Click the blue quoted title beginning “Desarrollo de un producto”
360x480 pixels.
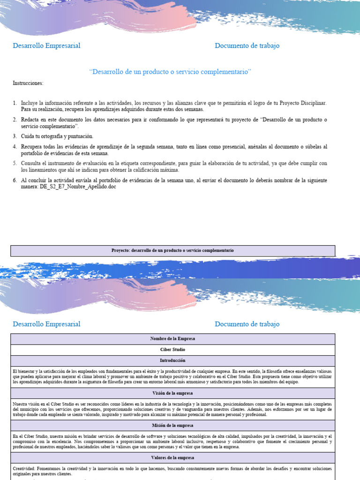point(170,71)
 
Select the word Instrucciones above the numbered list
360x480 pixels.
point(28,83)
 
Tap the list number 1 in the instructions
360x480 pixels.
point(15,103)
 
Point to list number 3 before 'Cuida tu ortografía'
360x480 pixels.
point(15,136)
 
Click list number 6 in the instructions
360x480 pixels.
point(15,180)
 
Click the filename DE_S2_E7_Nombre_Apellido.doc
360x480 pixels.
point(81,187)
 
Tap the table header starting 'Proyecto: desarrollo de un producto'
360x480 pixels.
point(172,250)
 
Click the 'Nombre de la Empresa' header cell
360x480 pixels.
point(172,338)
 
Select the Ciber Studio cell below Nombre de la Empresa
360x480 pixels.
point(172,350)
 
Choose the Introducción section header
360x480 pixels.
point(172,360)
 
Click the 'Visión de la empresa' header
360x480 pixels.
point(172,393)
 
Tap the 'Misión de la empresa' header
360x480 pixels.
point(172,425)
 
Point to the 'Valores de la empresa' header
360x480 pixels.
point(172,457)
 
